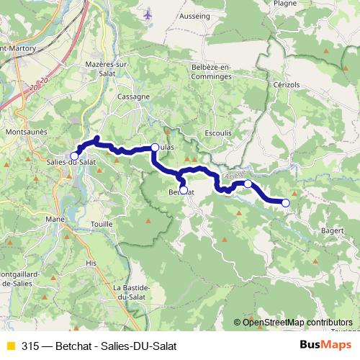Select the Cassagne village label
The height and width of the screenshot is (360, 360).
135,96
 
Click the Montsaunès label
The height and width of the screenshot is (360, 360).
26,132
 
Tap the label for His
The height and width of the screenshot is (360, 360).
91,264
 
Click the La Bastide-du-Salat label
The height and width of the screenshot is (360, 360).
130,292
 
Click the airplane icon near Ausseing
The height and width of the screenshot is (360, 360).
148,14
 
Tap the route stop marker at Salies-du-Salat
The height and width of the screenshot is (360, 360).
74,156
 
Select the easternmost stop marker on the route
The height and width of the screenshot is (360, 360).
285,203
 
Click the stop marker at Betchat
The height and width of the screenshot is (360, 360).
183,190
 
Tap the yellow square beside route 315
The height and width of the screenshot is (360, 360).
10,345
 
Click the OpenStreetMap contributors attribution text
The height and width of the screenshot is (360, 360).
297,322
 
